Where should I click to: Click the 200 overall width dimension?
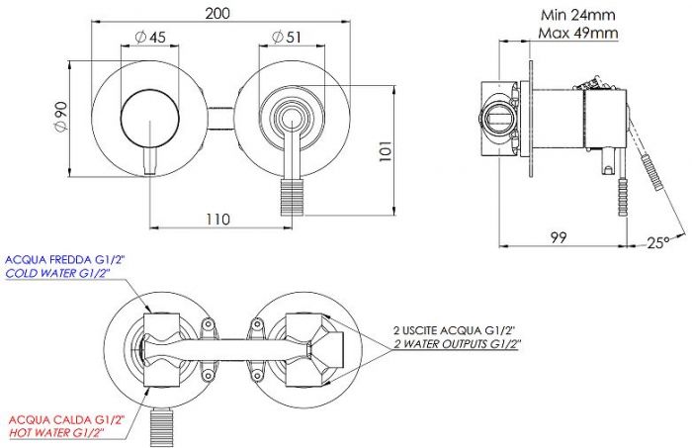(x=217, y=13)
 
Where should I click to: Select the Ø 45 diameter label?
(x=151, y=37)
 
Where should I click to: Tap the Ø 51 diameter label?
(x=287, y=37)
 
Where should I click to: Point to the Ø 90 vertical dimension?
(x=60, y=117)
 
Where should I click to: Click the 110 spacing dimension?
(x=217, y=220)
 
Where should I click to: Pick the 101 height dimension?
(x=385, y=151)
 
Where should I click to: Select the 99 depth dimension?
(x=559, y=237)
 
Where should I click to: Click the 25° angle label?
(x=658, y=242)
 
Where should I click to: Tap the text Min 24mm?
(x=577, y=15)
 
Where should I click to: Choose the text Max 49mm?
(x=577, y=33)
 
